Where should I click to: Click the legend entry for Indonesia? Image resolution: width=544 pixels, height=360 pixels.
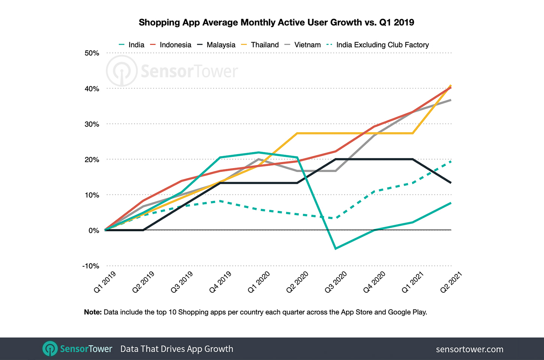click(x=175, y=45)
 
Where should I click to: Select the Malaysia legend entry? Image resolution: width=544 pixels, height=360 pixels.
click(x=221, y=45)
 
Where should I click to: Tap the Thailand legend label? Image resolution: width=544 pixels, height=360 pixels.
click(x=264, y=45)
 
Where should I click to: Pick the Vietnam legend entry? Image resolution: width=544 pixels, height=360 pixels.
click(x=307, y=45)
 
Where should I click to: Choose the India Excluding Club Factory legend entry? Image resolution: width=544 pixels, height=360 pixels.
click(x=382, y=45)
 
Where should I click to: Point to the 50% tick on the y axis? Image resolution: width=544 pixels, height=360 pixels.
click(x=92, y=53)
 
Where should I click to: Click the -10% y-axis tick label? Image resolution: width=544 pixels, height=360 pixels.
click(x=91, y=266)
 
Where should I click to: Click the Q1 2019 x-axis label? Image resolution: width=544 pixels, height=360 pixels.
click(x=105, y=282)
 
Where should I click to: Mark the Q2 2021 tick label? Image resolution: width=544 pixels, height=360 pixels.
click(x=451, y=282)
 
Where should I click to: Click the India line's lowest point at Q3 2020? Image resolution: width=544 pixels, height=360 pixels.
click(x=335, y=249)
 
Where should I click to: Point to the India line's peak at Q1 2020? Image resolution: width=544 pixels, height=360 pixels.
click(x=259, y=152)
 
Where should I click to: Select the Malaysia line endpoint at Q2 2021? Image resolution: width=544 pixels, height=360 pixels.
click(x=451, y=183)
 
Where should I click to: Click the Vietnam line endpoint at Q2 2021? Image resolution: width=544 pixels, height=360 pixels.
click(x=451, y=100)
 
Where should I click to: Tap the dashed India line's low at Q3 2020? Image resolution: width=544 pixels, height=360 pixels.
click(x=335, y=218)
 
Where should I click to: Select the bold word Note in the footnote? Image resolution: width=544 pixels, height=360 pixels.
click(x=92, y=312)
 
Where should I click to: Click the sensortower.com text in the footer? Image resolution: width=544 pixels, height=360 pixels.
click(x=469, y=349)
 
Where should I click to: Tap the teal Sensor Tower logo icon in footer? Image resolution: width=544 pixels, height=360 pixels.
click(x=50, y=349)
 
